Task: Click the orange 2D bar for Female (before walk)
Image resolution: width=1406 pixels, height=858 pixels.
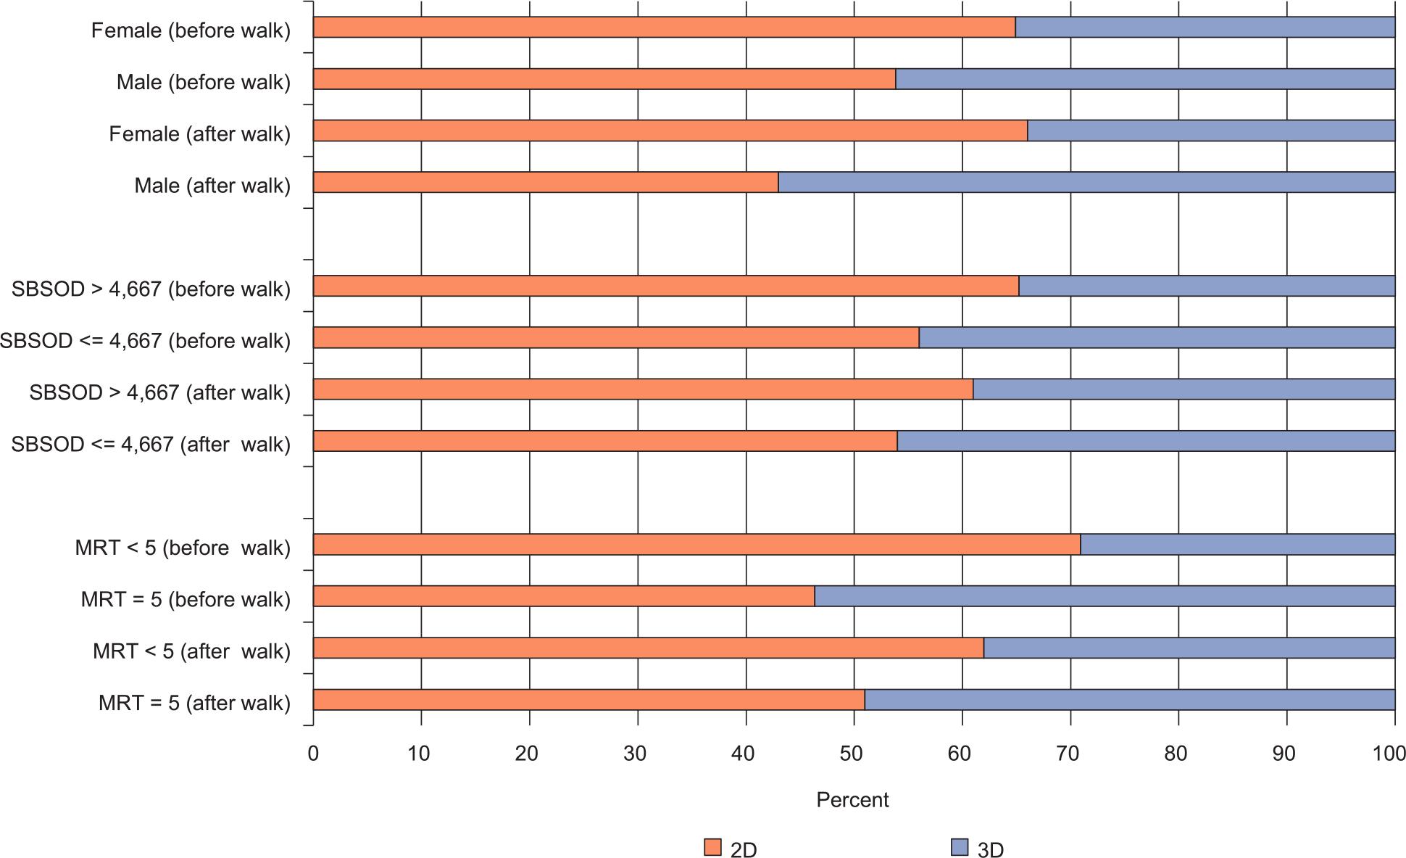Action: pyautogui.click(x=664, y=28)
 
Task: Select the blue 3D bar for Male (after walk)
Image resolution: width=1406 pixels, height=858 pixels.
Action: pyautogui.click(x=1086, y=182)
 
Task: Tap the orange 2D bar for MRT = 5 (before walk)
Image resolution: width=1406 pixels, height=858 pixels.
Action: pyautogui.click(x=564, y=596)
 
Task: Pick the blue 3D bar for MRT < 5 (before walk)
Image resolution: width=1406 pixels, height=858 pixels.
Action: pyautogui.click(x=1237, y=545)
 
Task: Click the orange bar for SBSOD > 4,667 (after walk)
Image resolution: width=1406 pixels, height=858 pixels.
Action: pyautogui.click(x=643, y=389)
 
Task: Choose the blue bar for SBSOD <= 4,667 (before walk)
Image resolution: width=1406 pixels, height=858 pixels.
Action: pyautogui.click(x=1157, y=338)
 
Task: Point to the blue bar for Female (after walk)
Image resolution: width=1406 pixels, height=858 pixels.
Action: pyautogui.click(x=1211, y=131)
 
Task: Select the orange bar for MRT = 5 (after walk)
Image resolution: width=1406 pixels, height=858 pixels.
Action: pyautogui.click(x=588, y=700)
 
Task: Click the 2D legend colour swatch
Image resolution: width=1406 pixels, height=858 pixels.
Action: pyautogui.click(x=712, y=847)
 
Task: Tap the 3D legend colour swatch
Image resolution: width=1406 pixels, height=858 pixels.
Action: pyautogui.click(x=959, y=847)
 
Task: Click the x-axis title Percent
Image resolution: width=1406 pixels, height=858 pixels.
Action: pyautogui.click(x=852, y=800)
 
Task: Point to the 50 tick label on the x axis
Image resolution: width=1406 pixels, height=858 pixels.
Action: pyautogui.click(x=852, y=754)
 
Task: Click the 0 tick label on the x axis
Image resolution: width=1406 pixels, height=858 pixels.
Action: pyautogui.click(x=313, y=754)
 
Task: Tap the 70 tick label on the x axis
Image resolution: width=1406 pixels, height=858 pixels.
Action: pyautogui.click(x=1069, y=754)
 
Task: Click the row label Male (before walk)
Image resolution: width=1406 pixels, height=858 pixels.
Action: pyautogui.click(x=203, y=83)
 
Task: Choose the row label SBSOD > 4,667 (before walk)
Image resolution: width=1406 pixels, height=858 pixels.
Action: pyautogui.click(x=151, y=289)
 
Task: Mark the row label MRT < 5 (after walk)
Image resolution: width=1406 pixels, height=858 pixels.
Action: pyautogui.click(x=191, y=651)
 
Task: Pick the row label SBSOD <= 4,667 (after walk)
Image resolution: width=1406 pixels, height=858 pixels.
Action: pyautogui.click(x=151, y=445)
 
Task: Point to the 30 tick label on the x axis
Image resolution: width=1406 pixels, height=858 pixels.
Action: pyautogui.click(x=636, y=754)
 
